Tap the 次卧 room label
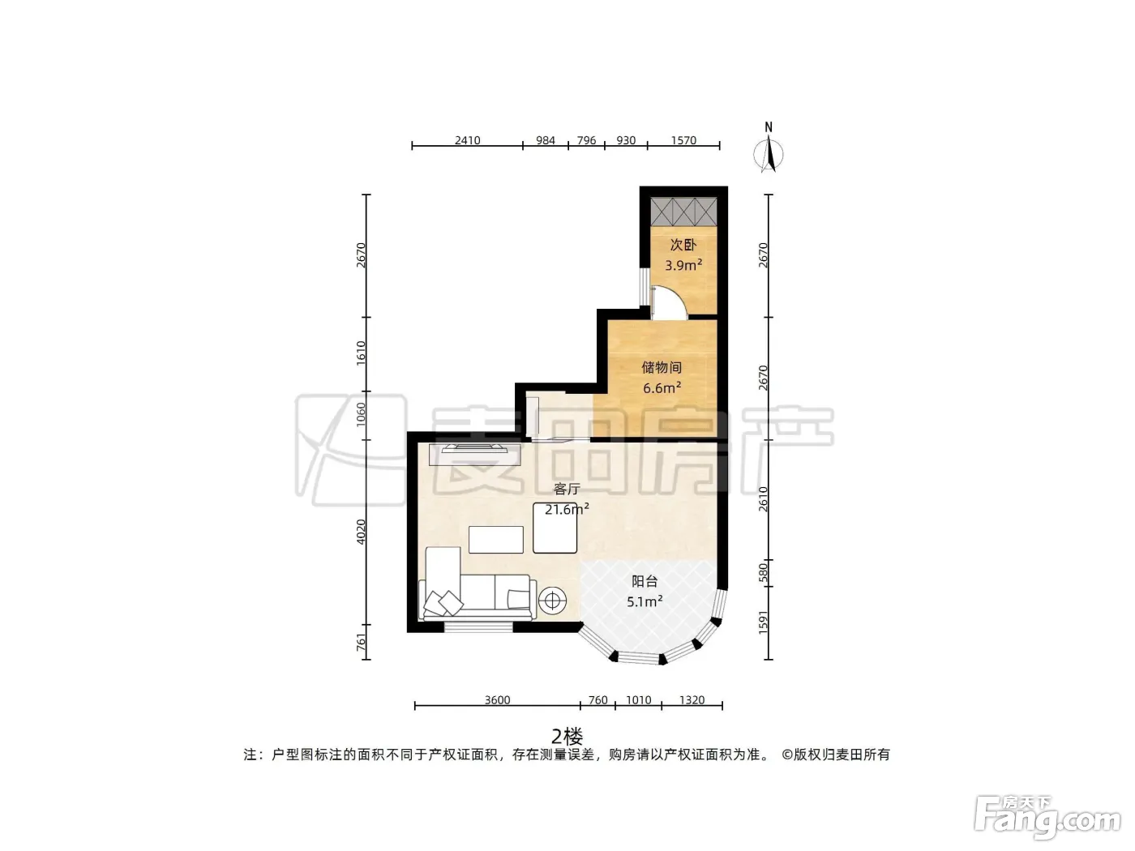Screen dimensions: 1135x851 (683, 245)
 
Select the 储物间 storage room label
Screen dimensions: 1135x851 (662, 367)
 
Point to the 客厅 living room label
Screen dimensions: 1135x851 (567, 489)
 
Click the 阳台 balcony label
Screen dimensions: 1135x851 (645, 581)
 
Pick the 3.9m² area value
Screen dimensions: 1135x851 (683, 265)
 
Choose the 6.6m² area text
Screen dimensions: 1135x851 (662, 387)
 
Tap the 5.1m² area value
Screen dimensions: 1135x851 (645, 601)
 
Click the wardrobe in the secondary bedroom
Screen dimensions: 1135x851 (683, 212)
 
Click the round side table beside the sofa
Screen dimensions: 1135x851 (552, 601)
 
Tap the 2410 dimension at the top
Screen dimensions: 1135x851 (468, 140)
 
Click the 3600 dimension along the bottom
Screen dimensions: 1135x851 (498, 700)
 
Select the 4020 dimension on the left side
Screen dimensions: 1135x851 (361, 532)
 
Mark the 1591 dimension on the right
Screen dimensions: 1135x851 (763, 622)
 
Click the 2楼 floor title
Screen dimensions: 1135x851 (567, 736)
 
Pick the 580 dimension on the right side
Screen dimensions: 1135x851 (763, 573)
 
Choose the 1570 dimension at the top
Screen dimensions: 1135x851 (683, 140)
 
